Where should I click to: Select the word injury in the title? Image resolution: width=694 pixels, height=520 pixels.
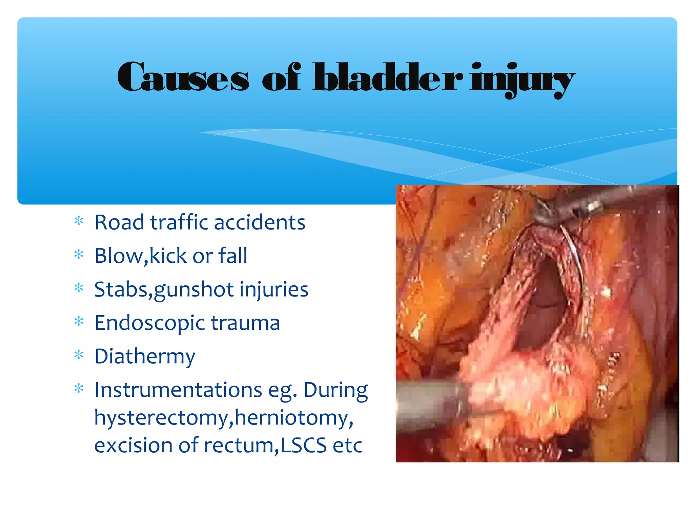click(x=522, y=80)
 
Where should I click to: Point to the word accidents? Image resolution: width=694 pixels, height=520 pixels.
click(x=260, y=222)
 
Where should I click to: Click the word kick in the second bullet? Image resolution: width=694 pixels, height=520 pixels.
click(x=168, y=256)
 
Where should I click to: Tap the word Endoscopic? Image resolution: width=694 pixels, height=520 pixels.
click(x=149, y=323)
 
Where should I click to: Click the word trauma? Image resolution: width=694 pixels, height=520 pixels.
click(x=245, y=323)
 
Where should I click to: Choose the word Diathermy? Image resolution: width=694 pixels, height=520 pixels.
click(x=145, y=356)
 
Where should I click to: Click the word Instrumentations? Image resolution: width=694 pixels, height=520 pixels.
click(x=178, y=390)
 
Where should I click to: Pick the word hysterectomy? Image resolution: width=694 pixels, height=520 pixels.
click(x=161, y=418)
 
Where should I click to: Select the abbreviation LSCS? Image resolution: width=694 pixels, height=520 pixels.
click(x=304, y=445)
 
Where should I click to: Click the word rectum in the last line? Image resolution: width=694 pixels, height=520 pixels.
click(x=239, y=445)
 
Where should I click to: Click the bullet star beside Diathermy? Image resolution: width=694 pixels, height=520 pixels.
click(x=79, y=355)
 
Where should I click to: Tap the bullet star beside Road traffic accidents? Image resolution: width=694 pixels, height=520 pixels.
click(x=79, y=221)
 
